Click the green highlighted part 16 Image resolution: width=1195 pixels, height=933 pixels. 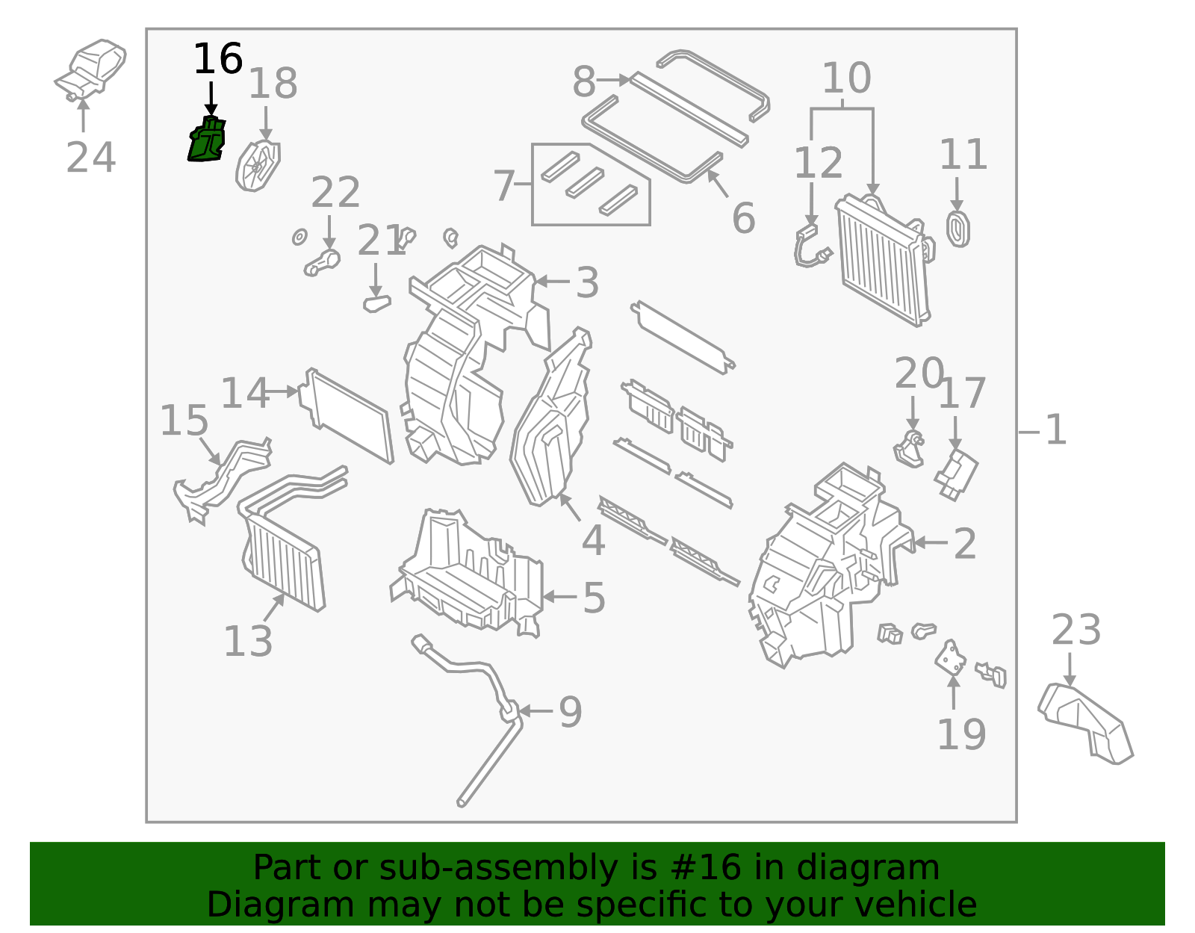(x=206, y=140)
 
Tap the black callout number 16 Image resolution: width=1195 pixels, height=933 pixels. (x=217, y=59)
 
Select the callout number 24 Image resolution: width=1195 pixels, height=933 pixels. (x=90, y=158)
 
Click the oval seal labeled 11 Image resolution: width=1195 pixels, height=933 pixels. (x=958, y=229)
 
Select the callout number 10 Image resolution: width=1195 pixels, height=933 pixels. (x=846, y=78)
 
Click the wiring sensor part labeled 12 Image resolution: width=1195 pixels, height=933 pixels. (x=810, y=247)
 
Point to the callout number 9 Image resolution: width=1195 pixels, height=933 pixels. (x=570, y=712)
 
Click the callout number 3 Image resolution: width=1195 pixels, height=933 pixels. (x=587, y=283)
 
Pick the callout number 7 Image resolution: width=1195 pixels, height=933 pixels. (x=504, y=185)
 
